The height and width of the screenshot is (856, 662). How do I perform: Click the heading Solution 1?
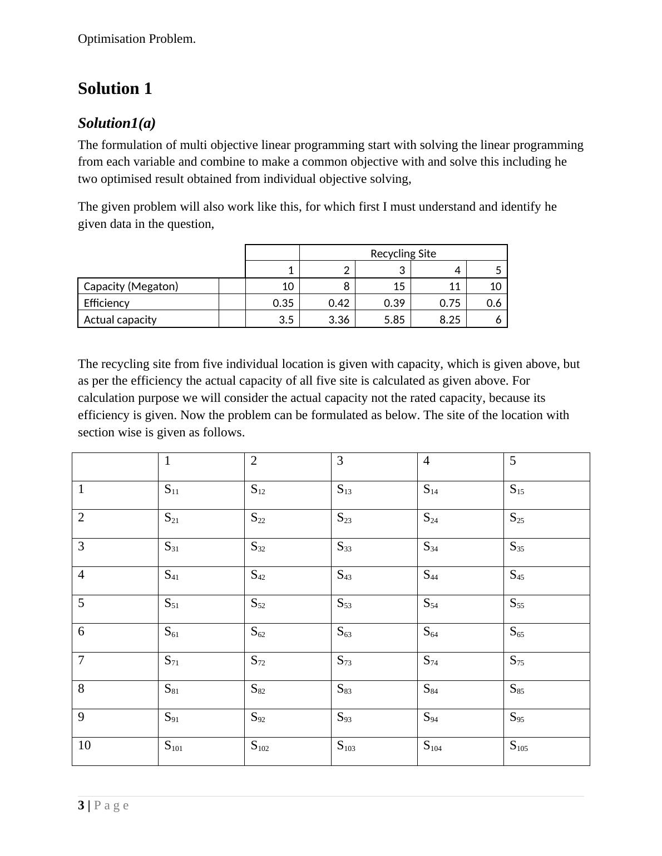115,89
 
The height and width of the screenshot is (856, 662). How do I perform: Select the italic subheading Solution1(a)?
116,123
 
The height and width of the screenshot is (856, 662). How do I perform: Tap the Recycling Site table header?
403,253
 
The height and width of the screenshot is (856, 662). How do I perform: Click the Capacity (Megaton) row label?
131,286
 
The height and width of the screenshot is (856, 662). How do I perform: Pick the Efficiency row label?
106,303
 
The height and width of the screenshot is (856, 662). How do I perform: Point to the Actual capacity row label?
120,320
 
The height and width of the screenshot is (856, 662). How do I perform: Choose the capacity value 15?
398,286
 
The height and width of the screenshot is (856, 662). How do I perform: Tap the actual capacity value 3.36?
339,320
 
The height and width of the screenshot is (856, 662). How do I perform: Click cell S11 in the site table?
171,490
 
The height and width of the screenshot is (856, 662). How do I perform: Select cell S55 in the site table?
517,604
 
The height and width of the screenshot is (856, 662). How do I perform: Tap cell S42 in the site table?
258,575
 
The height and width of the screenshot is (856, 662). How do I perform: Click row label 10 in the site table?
84,745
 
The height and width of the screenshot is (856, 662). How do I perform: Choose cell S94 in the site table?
430,718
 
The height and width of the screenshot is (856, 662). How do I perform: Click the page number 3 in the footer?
81,805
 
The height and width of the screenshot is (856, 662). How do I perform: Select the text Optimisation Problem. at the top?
137,39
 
